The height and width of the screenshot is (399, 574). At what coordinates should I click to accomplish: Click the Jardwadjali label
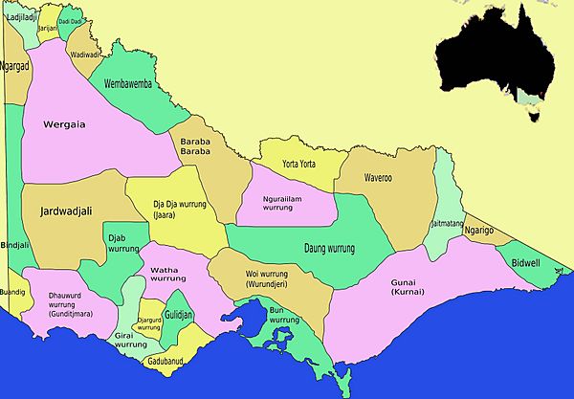(x=65, y=212)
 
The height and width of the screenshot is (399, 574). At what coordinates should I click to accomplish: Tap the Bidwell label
(x=526, y=261)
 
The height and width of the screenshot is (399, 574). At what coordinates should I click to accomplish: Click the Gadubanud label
(x=169, y=362)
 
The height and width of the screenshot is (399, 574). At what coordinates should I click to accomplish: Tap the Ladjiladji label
(x=20, y=16)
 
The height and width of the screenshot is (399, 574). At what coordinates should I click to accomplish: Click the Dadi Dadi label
(x=70, y=21)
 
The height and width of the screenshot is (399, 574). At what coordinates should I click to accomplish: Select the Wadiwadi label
(x=85, y=55)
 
